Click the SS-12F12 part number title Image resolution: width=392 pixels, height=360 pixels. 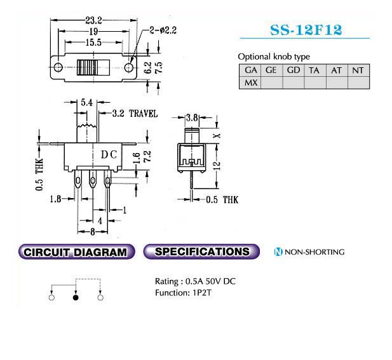(x=306, y=30)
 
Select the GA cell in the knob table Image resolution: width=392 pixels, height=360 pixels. (x=250, y=70)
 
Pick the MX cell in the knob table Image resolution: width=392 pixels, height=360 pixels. (x=250, y=83)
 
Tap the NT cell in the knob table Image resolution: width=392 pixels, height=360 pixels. (x=358, y=70)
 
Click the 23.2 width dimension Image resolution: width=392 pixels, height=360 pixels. (x=93, y=20)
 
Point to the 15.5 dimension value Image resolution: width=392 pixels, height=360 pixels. (x=93, y=43)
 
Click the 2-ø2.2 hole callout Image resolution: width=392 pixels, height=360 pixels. (x=163, y=30)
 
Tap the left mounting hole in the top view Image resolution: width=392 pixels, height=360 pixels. (x=58, y=67)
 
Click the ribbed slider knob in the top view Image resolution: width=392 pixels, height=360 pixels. (x=93, y=67)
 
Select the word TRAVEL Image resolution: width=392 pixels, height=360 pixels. (x=144, y=114)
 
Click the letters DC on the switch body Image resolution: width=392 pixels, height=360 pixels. (x=109, y=155)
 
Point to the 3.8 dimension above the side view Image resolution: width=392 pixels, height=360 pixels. (x=192, y=117)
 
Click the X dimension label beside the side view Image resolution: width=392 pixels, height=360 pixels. (x=217, y=135)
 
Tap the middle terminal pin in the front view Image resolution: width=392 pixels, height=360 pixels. (x=93, y=180)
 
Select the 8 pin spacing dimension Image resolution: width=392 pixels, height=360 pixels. (x=93, y=232)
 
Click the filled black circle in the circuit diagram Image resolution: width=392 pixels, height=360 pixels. (x=76, y=298)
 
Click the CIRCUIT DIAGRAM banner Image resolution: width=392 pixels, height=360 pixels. (x=76, y=252)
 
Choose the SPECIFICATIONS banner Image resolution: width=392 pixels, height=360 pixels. (x=201, y=251)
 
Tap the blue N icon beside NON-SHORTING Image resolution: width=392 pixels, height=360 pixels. (x=278, y=252)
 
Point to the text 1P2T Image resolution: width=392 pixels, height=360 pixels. (x=202, y=293)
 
